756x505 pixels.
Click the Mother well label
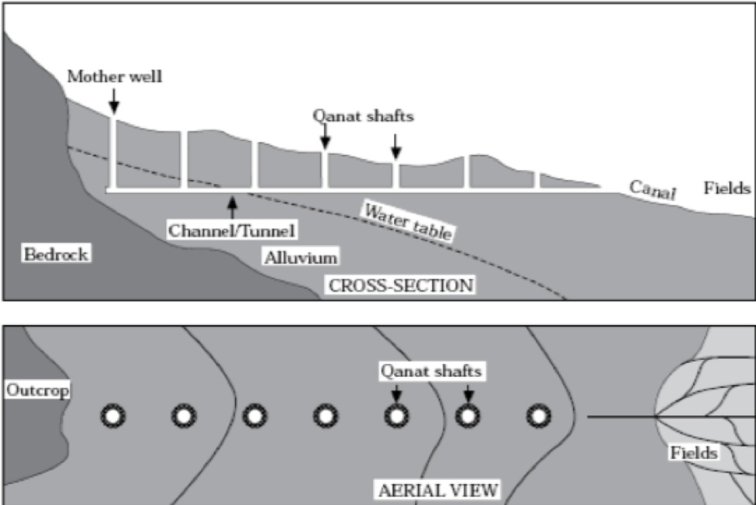coord(115,77)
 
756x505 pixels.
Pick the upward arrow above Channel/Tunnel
coord(231,207)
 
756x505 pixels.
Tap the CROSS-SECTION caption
coord(400,285)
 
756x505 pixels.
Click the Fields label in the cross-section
coord(727,188)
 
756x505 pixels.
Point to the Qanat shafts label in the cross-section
coord(363,116)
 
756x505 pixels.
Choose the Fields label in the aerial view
coord(694,453)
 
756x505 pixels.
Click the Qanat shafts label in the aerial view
coord(431,372)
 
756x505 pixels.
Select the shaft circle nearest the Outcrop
coord(113,417)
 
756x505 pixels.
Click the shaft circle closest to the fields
coord(537,417)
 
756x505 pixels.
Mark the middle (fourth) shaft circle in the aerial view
coord(326,417)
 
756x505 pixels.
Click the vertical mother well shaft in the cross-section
coord(113,151)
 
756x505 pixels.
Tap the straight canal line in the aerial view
coord(620,417)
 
